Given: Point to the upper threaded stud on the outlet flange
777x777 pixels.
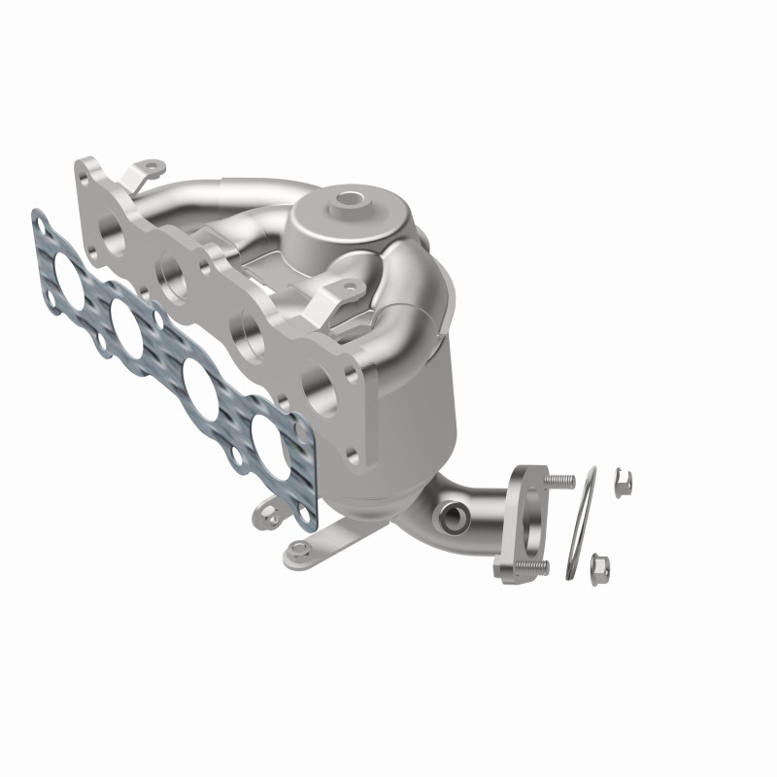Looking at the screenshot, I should point(560,481).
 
